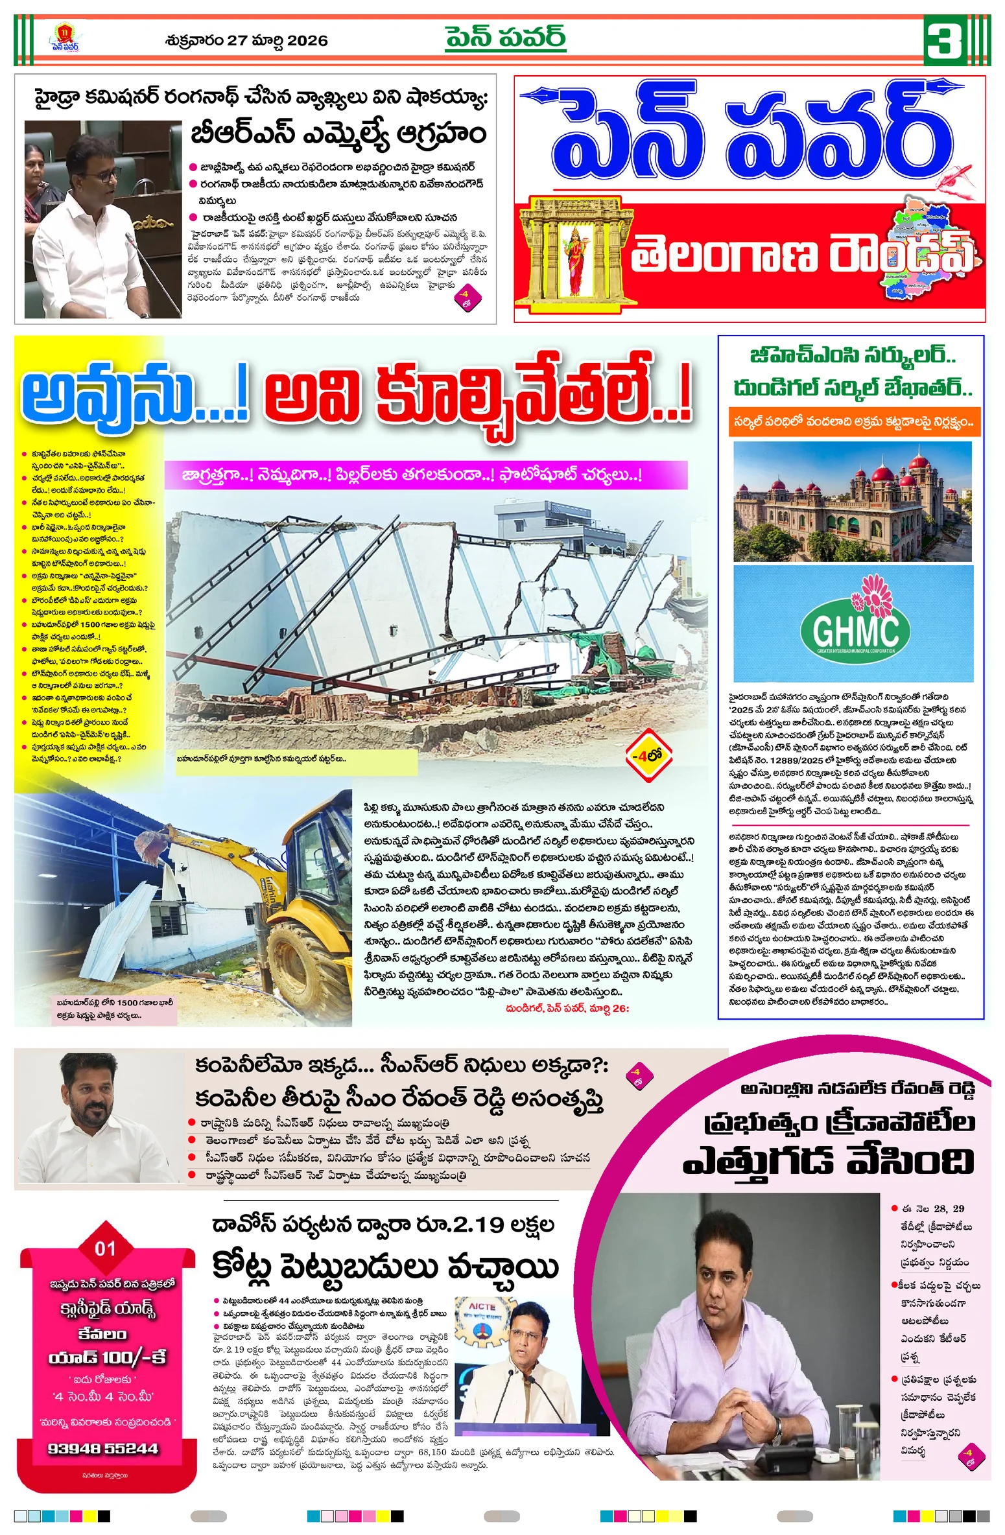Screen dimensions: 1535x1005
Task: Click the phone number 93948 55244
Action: click(x=103, y=1448)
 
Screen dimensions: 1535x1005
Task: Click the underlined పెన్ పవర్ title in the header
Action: click(x=505, y=38)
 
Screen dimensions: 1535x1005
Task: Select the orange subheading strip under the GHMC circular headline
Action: click(x=853, y=421)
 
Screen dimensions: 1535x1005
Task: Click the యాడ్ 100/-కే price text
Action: click(x=107, y=1355)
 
